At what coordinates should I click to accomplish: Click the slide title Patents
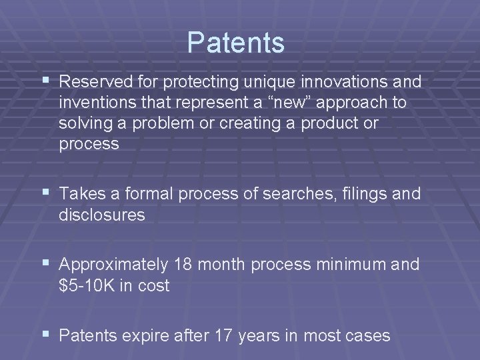point(235,43)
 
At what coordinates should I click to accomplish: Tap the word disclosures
point(102,215)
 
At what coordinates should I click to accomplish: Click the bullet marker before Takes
point(45,194)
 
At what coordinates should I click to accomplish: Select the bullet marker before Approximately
point(45,265)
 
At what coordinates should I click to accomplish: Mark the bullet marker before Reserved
point(45,82)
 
